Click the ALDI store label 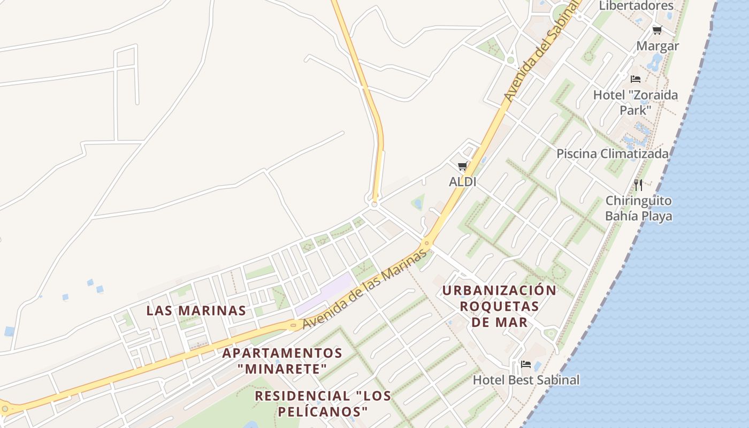462,182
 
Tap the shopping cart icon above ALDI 463,166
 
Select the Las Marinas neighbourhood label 196,310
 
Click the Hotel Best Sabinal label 526,380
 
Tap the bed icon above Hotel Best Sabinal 526,364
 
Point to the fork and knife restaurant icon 638,185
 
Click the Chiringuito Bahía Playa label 638,209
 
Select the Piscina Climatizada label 613,154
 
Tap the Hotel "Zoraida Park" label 635,102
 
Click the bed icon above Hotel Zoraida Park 636,79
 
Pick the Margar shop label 658,46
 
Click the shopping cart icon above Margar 657,30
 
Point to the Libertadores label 636,6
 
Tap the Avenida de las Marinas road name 364,290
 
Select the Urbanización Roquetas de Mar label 499,306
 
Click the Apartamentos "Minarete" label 282,361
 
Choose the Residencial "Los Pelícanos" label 323,403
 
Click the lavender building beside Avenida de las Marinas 323,294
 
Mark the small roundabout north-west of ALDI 374,204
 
